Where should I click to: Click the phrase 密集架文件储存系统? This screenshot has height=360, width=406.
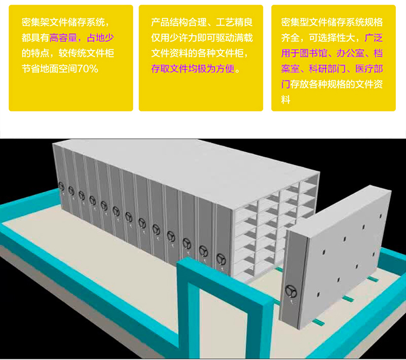[65, 22]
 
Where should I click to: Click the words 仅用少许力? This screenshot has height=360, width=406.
[174, 38]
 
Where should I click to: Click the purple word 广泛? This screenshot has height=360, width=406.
[374, 38]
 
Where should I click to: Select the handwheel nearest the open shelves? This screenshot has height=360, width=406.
[220, 258]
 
